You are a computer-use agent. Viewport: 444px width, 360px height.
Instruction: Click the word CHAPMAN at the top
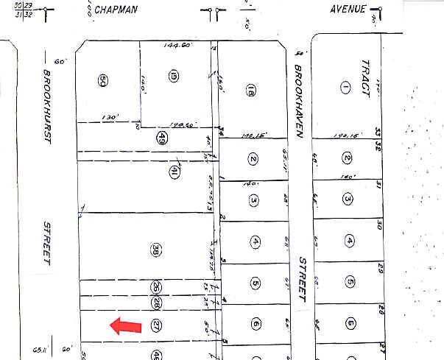tap(118, 11)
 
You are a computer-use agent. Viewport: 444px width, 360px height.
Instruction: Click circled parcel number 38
tap(155, 248)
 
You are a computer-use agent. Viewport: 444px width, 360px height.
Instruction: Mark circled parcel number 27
tap(155, 324)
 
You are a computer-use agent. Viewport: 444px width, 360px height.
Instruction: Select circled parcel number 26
tap(156, 286)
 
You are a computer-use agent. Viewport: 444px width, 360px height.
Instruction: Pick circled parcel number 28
tap(156, 302)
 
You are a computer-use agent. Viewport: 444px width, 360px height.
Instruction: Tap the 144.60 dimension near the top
tap(177, 46)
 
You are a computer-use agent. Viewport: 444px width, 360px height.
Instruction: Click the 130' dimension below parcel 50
tap(110, 116)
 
